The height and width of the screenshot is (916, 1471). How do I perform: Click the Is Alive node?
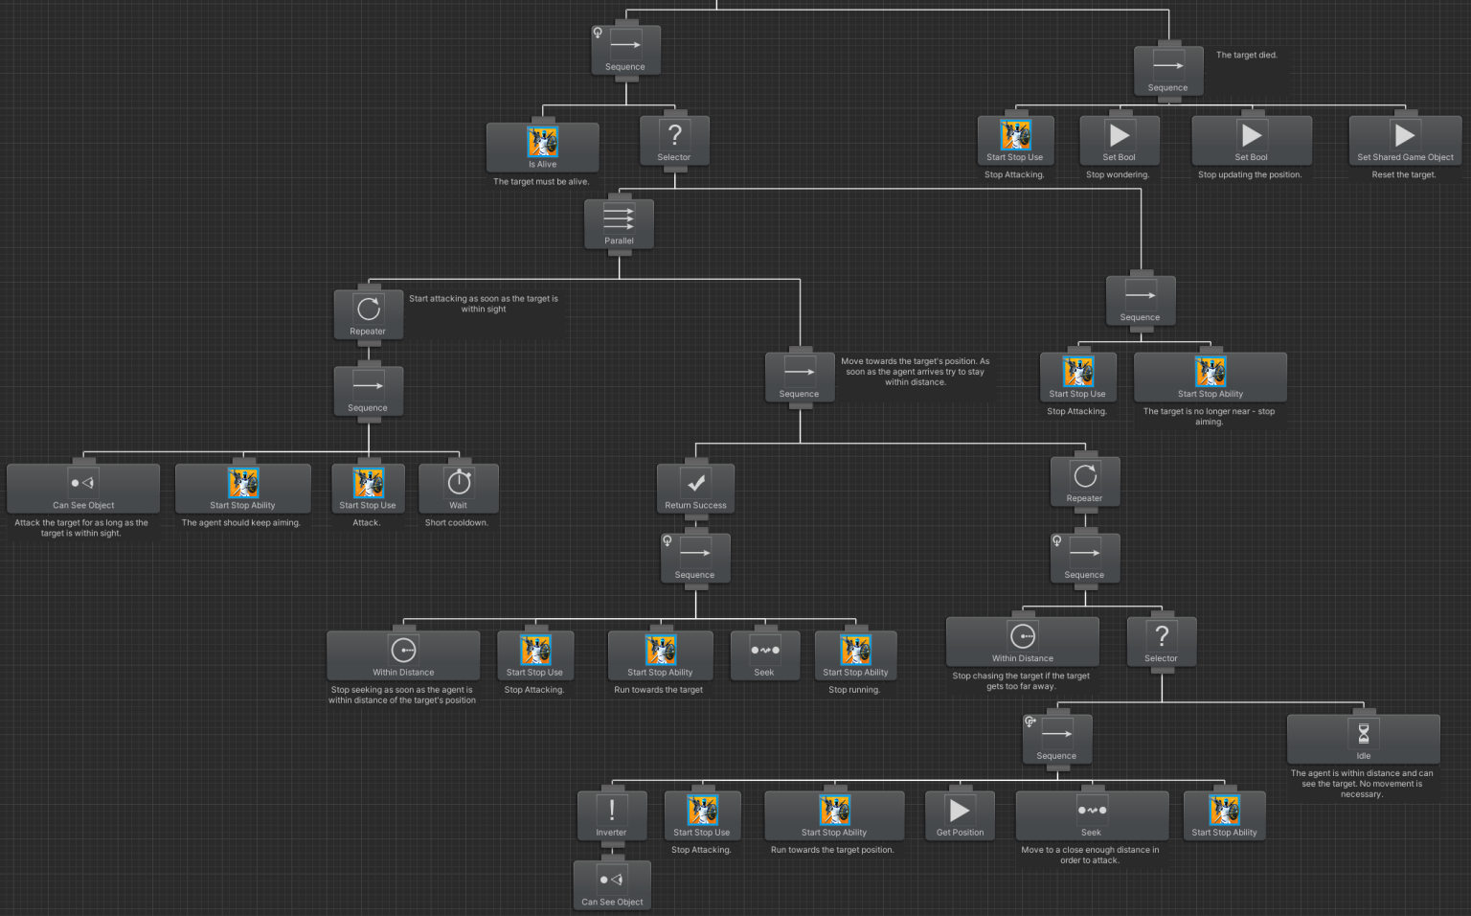(x=542, y=147)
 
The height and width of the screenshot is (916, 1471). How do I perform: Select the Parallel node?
(x=619, y=224)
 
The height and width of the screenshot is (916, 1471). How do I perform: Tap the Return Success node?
(x=696, y=488)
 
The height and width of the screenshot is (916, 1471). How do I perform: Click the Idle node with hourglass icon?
(x=1363, y=739)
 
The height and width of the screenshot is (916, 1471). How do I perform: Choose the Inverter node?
(x=611, y=815)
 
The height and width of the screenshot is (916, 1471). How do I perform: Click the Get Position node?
(x=960, y=815)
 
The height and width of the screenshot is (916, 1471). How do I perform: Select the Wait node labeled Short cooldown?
(x=459, y=488)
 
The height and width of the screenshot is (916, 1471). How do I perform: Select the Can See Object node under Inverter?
(x=612, y=884)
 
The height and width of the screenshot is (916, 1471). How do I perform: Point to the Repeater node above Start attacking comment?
(x=368, y=314)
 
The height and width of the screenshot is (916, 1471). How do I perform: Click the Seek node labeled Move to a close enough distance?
(x=1091, y=815)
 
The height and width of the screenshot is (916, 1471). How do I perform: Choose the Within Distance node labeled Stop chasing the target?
(x=1022, y=641)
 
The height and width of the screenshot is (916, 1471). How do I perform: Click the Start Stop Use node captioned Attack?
(x=368, y=488)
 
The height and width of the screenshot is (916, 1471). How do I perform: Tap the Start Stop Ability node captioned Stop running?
(x=855, y=654)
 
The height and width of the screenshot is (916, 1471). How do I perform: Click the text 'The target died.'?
(x=1246, y=56)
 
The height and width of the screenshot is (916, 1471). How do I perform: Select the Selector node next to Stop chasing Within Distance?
(x=1161, y=641)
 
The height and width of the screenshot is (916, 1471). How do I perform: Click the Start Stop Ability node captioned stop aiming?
(x=1210, y=377)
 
